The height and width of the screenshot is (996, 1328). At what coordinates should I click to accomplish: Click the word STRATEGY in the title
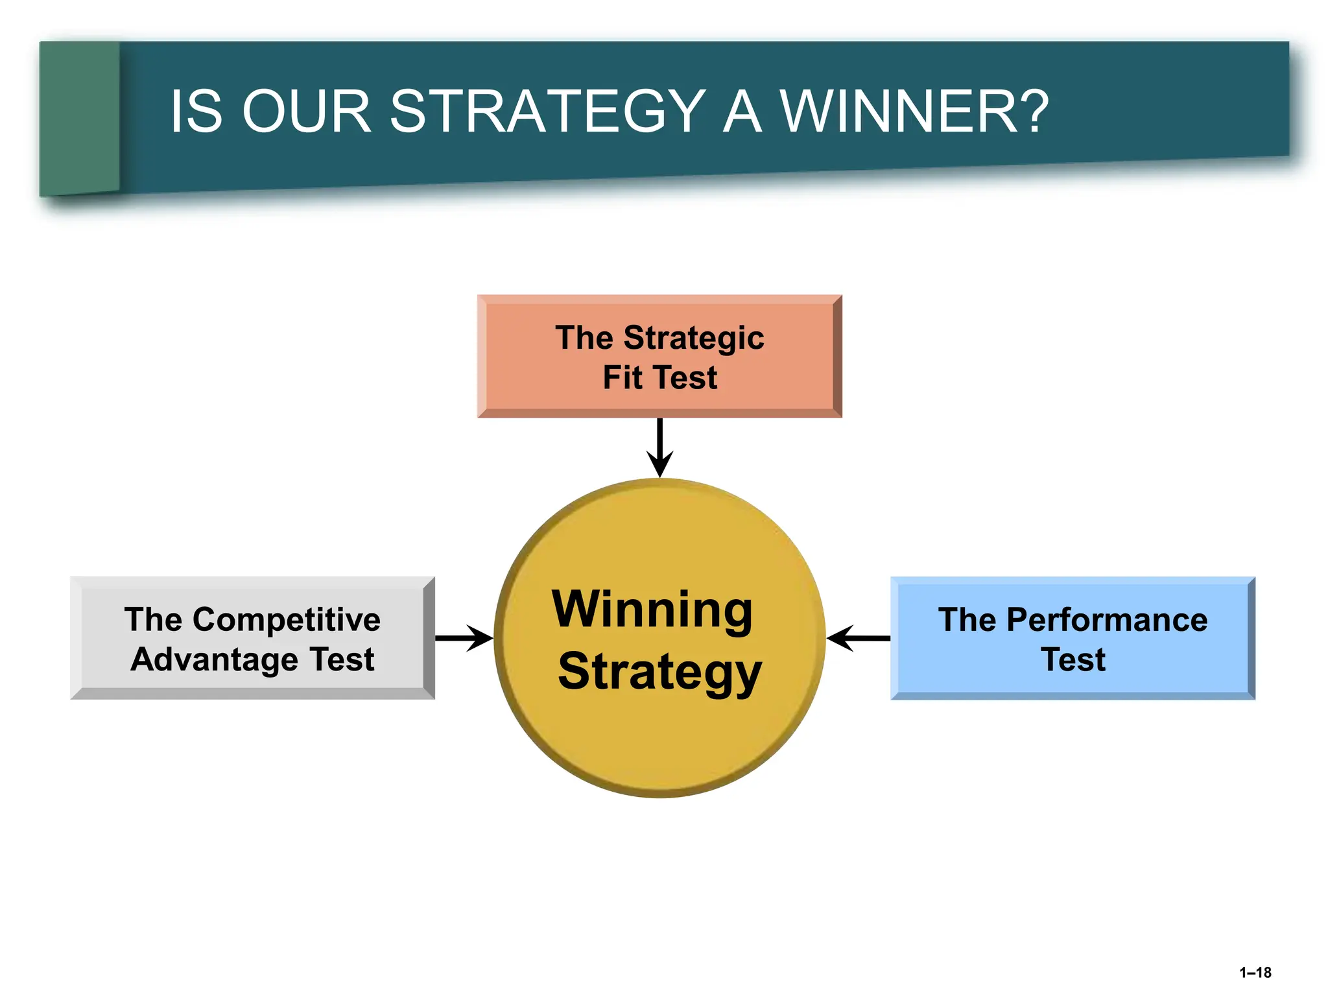[547, 112]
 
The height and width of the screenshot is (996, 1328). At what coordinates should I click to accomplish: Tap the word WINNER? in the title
[914, 112]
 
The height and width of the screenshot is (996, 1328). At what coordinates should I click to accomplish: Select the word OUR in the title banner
[306, 112]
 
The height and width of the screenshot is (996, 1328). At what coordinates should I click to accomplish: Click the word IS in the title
[196, 112]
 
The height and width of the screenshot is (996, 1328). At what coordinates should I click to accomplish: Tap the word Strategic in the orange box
[693, 338]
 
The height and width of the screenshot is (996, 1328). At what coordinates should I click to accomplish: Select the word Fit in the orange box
[622, 377]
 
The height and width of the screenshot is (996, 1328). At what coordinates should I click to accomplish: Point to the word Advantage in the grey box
[215, 659]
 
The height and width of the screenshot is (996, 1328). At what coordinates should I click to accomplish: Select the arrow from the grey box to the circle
[464, 638]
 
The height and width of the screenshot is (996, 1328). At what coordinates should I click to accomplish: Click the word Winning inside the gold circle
[652, 610]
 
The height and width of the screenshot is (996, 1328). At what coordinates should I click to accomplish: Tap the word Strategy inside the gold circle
[659, 672]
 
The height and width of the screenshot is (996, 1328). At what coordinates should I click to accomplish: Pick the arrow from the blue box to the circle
[859, 638]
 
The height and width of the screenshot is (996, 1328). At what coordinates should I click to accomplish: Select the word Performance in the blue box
[1106, 619]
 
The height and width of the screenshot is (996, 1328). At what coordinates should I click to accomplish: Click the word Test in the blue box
[1073, 659]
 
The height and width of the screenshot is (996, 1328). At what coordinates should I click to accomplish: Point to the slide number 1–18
[1255, 973]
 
